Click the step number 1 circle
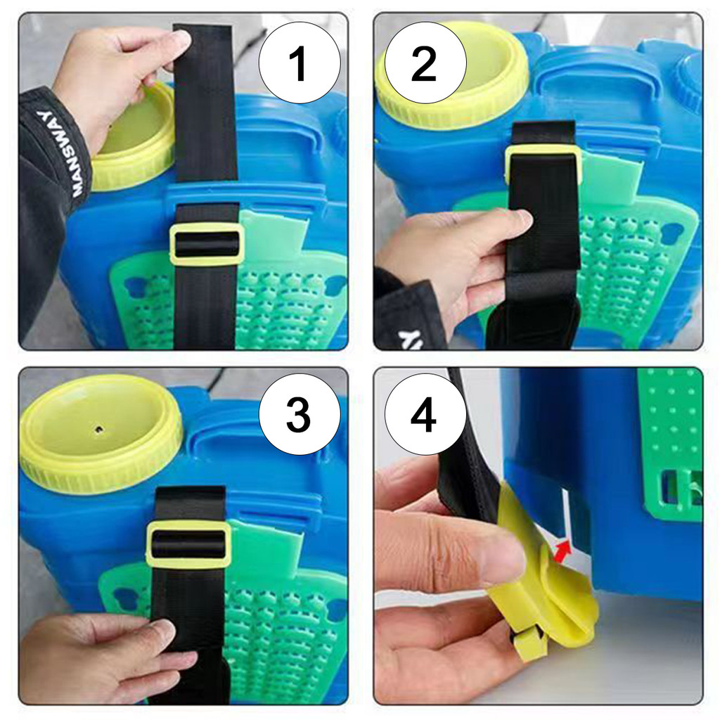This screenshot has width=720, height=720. pos(300,63)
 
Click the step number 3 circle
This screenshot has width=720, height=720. pos(300,414)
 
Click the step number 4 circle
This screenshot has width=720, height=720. pos(425,414)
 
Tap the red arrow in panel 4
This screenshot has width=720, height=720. pos(562,550)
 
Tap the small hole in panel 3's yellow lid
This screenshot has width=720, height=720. pos(98,430)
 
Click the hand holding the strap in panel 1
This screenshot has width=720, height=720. pos(117,80)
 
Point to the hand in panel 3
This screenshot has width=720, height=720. pos(103,657)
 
